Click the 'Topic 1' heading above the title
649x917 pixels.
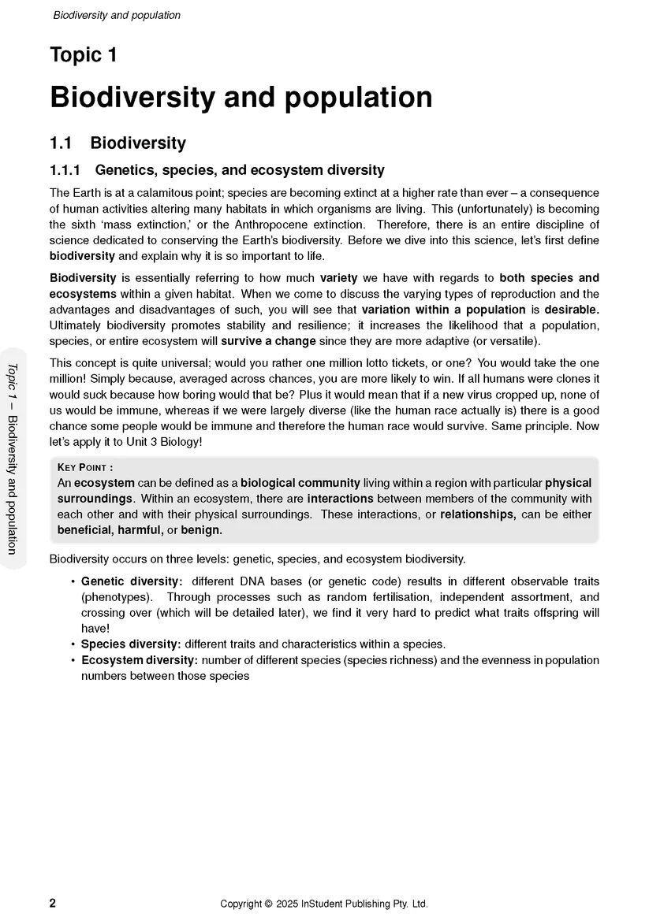click(84, 55)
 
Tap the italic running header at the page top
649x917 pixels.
click(117, 15)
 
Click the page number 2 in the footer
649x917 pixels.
click(53, 903)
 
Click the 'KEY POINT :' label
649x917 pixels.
click(85, 467)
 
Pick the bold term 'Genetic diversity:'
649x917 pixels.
click(132, 581)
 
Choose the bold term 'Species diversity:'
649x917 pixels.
click(131, 644)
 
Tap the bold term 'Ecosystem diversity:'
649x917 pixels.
click(140, 660)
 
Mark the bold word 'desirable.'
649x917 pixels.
click(572, 310)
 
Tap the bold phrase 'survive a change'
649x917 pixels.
click(268, 341)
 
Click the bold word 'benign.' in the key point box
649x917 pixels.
click(202, 530)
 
